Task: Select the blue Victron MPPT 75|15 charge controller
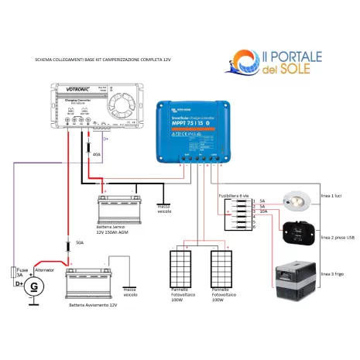click(x=195, y=132)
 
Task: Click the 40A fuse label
click(x=97, y=155)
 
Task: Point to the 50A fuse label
click(x=79, y=243)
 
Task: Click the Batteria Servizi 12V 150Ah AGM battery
click(x=118, y=207)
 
